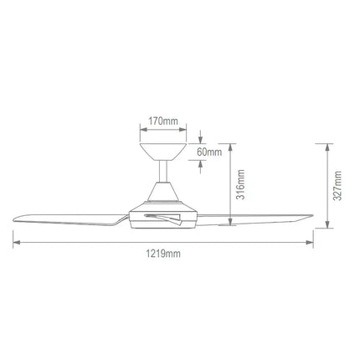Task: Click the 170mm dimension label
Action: coord(162,121)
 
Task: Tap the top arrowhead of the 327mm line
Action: coord(327,145)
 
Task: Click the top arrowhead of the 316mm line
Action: coord(232,145)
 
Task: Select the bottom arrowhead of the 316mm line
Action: coord(232,224)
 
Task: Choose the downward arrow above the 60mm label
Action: coord(202,139)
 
